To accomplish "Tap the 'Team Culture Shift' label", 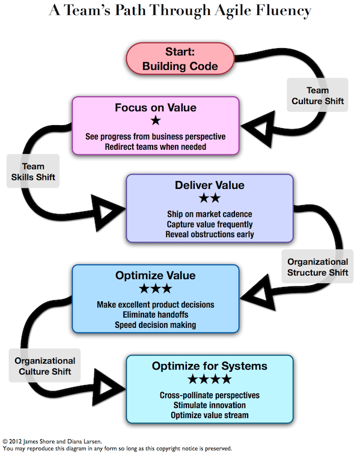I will (x=317, y=95).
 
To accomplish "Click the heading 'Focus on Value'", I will (x=156, y=108).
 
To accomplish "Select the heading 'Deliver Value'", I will (x=209, y=185).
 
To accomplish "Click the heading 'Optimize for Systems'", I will (x=209, y=366).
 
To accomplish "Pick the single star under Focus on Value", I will (x=156, y=122).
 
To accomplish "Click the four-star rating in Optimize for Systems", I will (x=209, y=380).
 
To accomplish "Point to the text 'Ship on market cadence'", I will (x=209, y=214).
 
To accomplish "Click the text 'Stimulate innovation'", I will (x=209, y=405).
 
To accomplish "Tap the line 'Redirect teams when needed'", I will (x=156, y=146).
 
